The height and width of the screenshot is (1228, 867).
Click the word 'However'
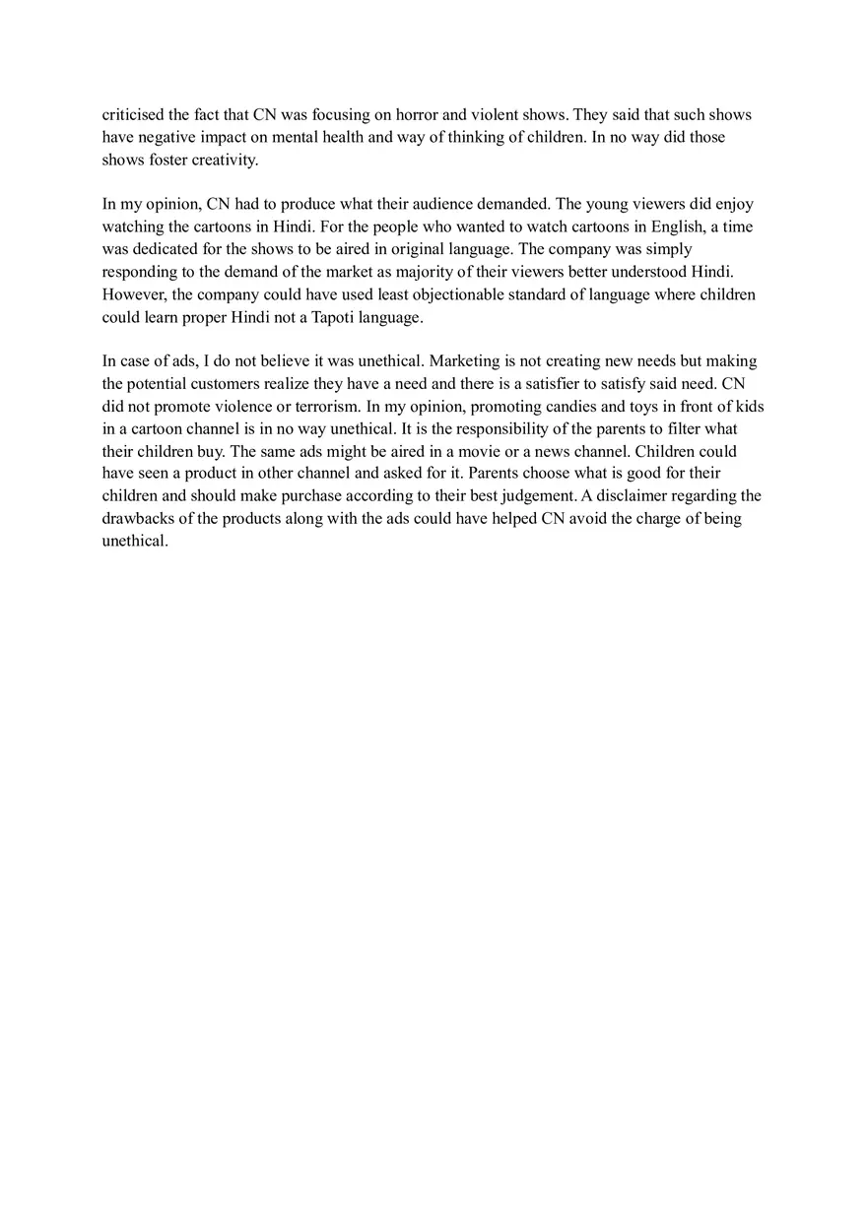[132, 294]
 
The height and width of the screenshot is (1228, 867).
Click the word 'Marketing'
[465, 361]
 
